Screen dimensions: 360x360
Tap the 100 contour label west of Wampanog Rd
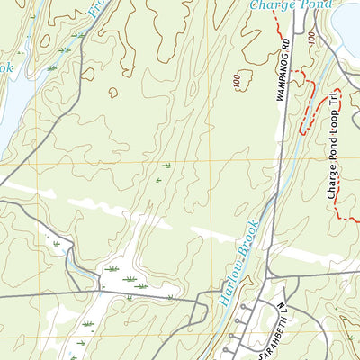236,82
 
